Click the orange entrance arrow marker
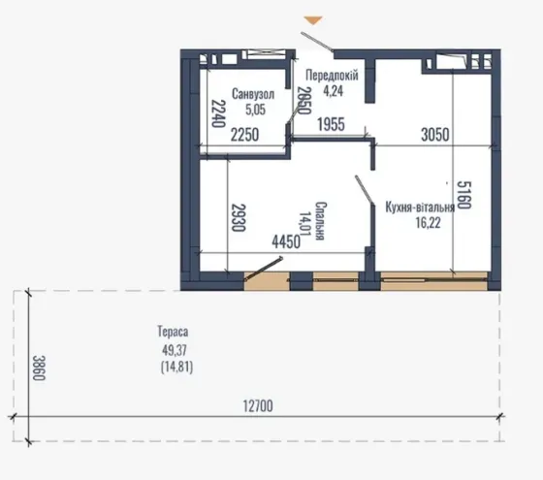[313, 20]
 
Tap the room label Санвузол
[253, 94]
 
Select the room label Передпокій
[332, 76]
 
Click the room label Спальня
[321, 221]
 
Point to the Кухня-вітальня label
[420, 208]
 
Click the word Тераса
[174, 332]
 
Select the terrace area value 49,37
[175, 350]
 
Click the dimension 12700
[258, 406]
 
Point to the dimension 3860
[39, 368]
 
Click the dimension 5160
[464, 195]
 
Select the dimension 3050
[435, 135]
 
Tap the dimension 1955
[331, 124]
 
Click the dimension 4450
[286, 241]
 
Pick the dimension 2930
[239, 217]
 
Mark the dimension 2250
[244, 135]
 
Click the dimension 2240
[218, 113]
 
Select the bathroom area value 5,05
[256, 110]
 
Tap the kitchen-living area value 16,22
[429, 223]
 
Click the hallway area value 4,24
[334, 91]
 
